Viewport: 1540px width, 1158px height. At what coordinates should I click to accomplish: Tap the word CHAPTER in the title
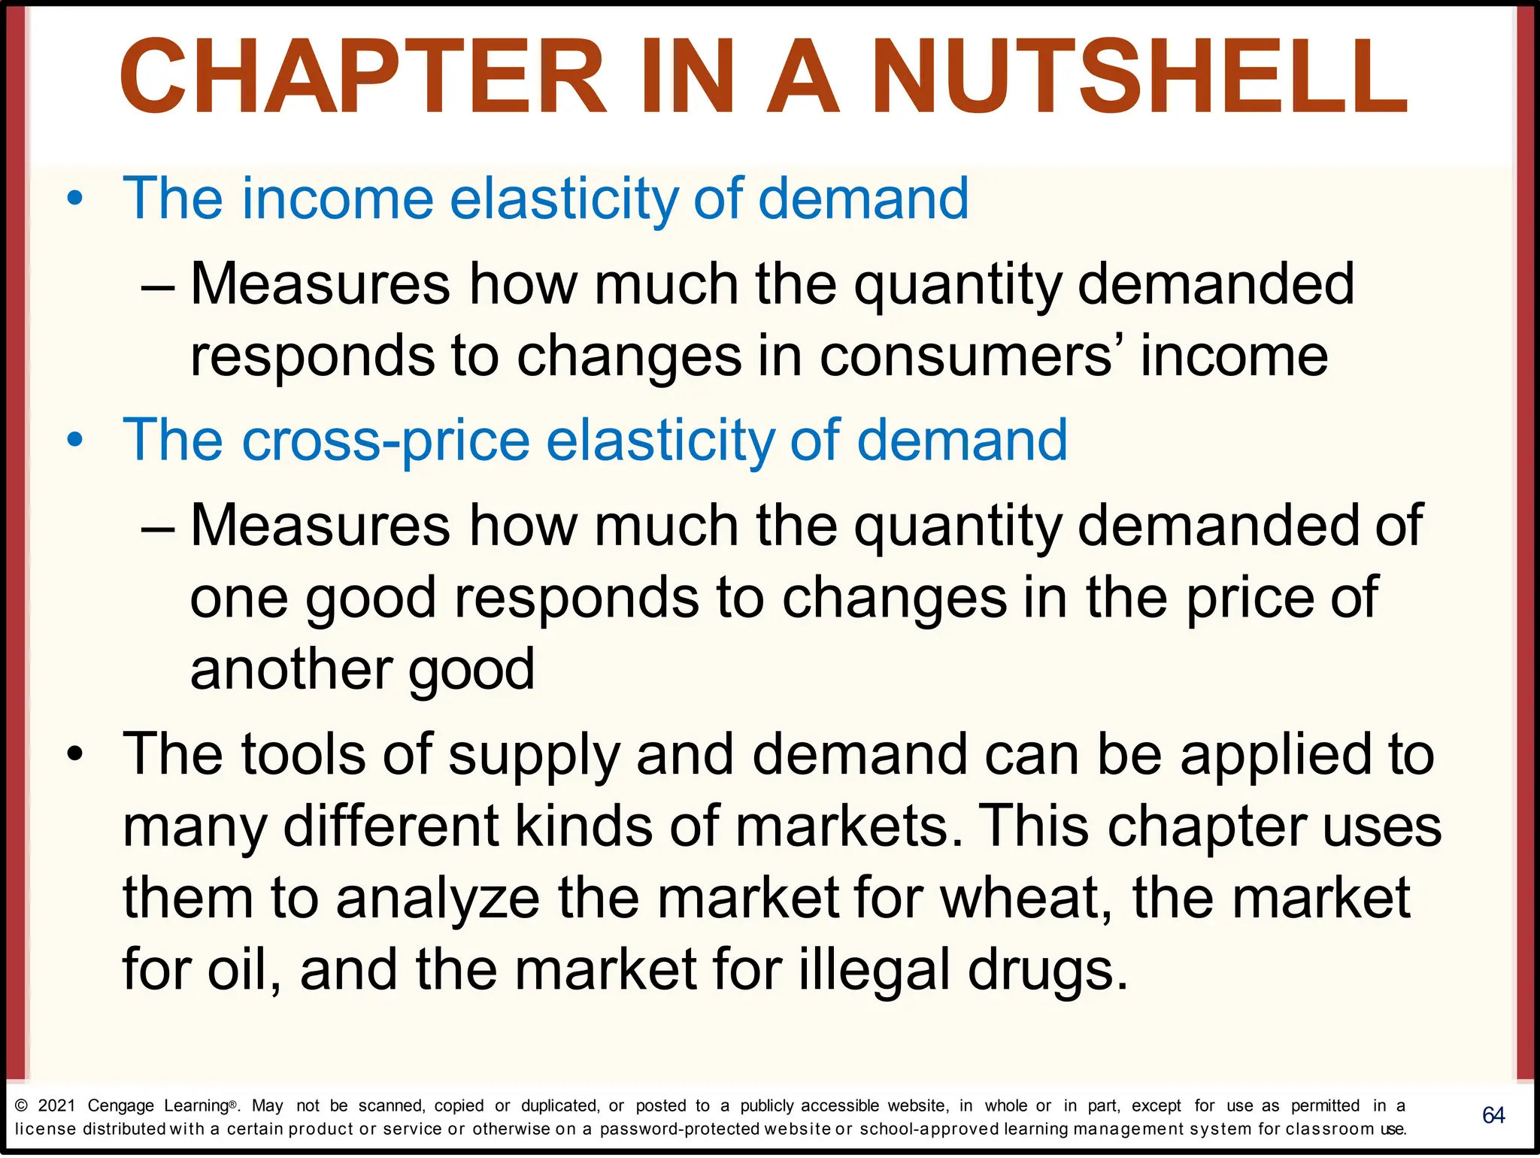pos(363,77)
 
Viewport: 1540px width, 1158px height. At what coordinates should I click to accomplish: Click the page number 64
pos(1493,1115)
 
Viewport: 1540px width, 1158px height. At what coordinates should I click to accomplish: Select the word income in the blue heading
pos(337,199)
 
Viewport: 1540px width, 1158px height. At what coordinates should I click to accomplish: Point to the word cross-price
pos(387,441)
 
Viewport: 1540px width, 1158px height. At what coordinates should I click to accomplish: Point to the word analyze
pos(438,899)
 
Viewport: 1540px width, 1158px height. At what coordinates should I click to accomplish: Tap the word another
pos(291,668)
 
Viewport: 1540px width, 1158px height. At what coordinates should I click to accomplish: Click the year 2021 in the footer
pos(57,1106)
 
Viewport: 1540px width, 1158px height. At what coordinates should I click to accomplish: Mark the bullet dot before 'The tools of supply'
pos(74,754)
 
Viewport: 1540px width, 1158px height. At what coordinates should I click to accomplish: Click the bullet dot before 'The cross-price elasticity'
pos(74,441)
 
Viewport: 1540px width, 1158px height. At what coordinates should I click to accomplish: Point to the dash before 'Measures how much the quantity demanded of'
pos(158,526)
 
